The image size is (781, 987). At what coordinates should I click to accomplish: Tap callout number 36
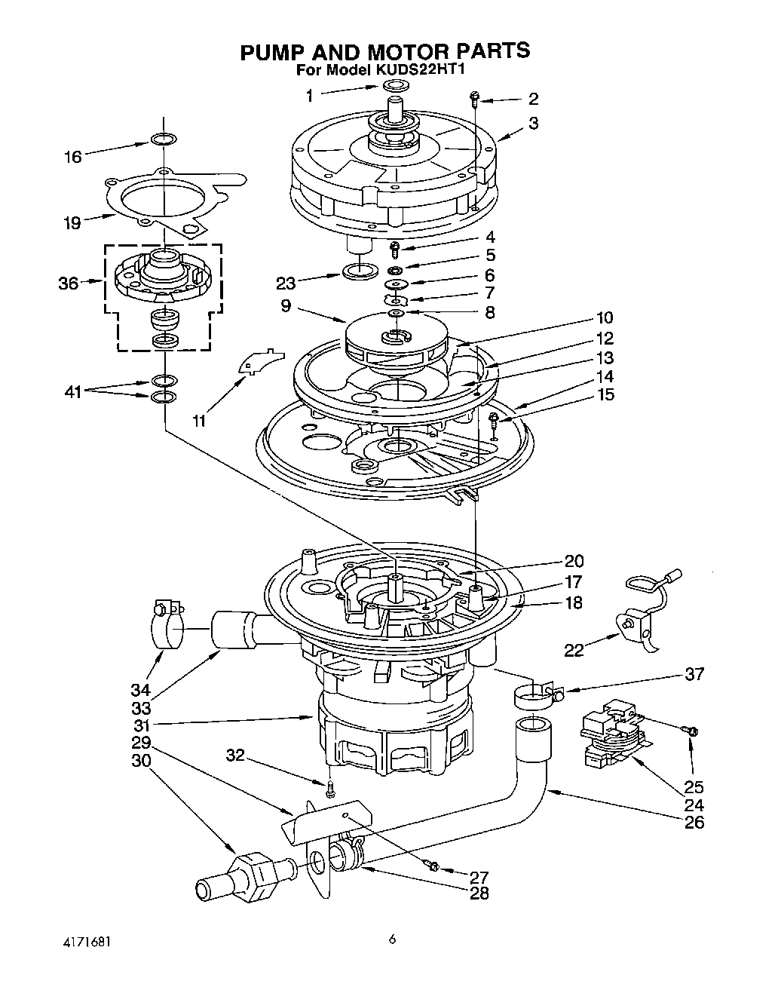click(x=69, y=284)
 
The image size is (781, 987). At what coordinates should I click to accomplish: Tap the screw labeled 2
click(x=475, y=97)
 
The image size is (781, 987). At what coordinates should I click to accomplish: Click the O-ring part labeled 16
click(x=164, y=139)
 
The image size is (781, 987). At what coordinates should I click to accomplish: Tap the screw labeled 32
click(x=330, y=789)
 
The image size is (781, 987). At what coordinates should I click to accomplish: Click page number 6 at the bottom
click(x=392, y=939)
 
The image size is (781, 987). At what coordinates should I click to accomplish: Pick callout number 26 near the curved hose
click(x=694, y=822)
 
